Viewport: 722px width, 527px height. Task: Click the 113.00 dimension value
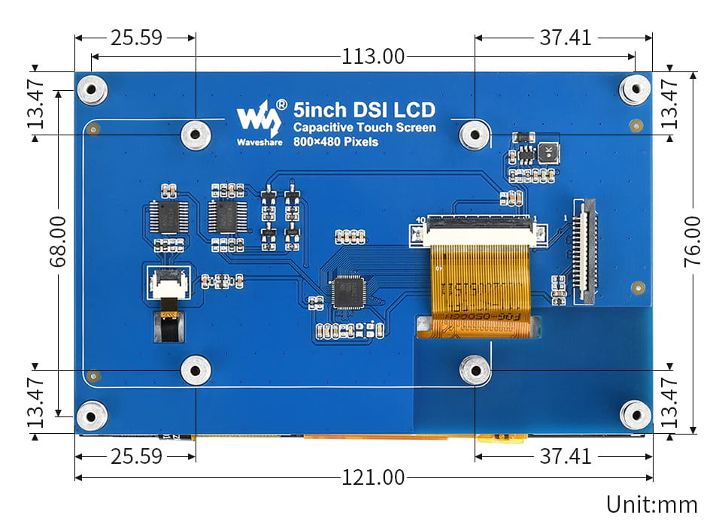(x=373, y=56)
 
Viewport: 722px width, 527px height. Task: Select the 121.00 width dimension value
(x=373, y=477)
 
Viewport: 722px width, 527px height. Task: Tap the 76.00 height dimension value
(x=692, y=241)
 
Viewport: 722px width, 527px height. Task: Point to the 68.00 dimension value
(x=58, y=241)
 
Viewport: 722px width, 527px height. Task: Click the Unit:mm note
(x=652, y=504)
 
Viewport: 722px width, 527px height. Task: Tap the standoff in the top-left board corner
(x=93, y=90)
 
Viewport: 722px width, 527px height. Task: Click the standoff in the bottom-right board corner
(x=635, y=414)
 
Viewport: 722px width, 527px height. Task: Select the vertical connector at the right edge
(x=585, y=252)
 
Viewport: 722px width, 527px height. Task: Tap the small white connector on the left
(x=168, y=281)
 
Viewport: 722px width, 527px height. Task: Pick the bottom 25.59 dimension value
(x=136, y=456)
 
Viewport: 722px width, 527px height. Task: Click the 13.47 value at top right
(x=669, y=104)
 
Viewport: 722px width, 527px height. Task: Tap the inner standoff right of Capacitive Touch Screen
(x=475, y=135)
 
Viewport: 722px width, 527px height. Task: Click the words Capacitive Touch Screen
(x=364, y=127)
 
